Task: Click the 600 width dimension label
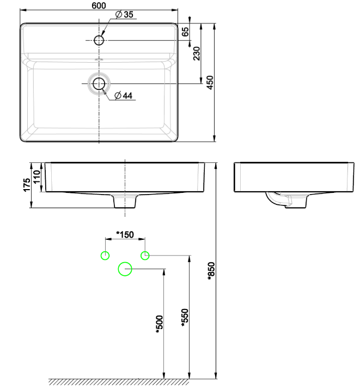pos(99,5)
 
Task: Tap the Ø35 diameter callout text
pos(124,15)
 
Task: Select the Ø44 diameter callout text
pos(124,95)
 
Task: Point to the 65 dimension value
pos(185,32)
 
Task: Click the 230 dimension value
pos(197,53)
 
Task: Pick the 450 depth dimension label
pos(210,83)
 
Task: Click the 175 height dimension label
pos(27,185)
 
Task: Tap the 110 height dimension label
pos(37,177)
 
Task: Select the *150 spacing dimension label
pos(125,234)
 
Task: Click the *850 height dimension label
pos(212,271)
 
